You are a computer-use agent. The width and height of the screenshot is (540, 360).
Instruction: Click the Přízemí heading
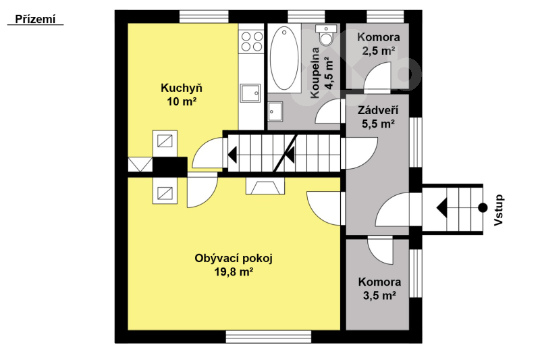35,20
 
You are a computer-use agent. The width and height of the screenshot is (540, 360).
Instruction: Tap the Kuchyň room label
182,88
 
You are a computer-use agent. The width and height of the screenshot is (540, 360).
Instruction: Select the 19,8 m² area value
234,272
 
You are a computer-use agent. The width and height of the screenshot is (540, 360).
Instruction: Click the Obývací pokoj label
234,259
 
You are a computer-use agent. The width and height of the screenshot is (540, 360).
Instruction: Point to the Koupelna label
315,73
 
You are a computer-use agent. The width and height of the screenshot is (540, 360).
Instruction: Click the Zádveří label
378,110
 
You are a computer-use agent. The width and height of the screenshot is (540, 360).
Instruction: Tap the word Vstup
499,210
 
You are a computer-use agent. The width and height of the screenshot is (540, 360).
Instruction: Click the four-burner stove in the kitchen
252,41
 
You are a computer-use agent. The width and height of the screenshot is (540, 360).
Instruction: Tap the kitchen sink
250,93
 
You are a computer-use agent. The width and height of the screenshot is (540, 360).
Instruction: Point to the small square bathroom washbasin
275,111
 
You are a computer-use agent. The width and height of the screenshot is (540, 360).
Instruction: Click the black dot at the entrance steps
483,208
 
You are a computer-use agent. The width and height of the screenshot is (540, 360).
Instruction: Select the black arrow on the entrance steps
442,208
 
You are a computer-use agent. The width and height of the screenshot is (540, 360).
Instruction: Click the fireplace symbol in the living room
265,186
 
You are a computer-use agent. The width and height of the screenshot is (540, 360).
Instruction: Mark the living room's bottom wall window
269,336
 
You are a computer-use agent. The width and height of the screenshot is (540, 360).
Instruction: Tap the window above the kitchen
204,16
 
